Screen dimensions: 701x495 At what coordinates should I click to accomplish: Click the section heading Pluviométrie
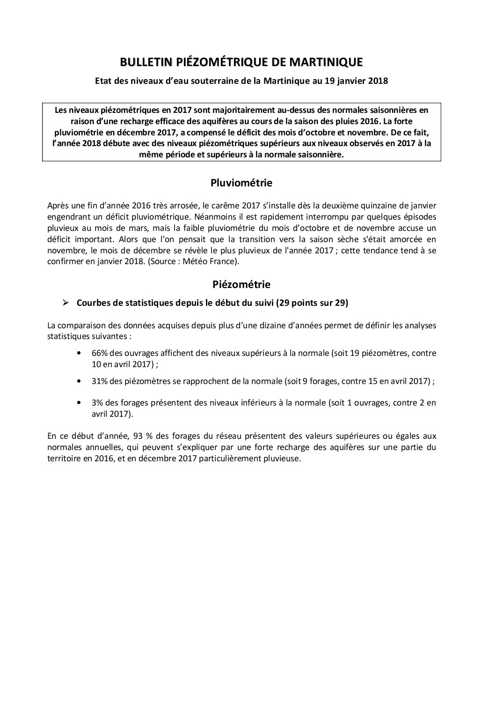pyautogui.click(x=241, y=183)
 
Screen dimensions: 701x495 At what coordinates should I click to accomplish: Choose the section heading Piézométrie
pyautogui.click(x=241, y=284)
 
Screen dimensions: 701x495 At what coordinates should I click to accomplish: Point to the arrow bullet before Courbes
pyautogui.click(x=66, y=303)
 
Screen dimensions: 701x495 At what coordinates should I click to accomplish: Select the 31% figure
pyautogui.click(x=100, y=381)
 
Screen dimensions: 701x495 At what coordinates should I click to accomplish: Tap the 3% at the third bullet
pyautogui.click(x=98, y=403)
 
